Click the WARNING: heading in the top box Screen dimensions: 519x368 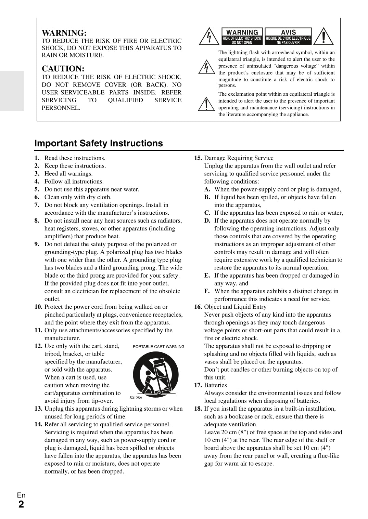[x=64, y=33]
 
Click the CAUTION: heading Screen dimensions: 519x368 [x=63, y=69]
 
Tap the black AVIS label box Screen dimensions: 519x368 [x=288, y=36]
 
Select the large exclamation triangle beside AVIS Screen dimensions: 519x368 [x=323, y=36]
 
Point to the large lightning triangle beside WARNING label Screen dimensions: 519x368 [x=208, y=37]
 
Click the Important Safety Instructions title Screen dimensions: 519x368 [x=99, y=143]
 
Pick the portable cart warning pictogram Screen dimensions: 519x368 [x=156, y=374]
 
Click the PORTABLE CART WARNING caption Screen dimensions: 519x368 [x=158, y=346]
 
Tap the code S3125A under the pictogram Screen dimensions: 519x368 [x=136, y=398]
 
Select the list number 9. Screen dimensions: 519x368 [x=37, y=244]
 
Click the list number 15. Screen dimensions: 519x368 [x=198, y=158]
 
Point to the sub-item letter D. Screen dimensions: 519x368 [x=207, y=221]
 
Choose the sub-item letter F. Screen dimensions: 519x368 [x=207, y=291]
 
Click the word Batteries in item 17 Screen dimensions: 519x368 [x=215, y=385]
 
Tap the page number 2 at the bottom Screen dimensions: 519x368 [x=21, y=505]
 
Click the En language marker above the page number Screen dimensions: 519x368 [x=21, y=495]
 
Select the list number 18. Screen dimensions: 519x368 [x=198, y=409]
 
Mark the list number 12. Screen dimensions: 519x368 [x=38, y=346]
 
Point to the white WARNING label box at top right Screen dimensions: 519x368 [x=242, y=36]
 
